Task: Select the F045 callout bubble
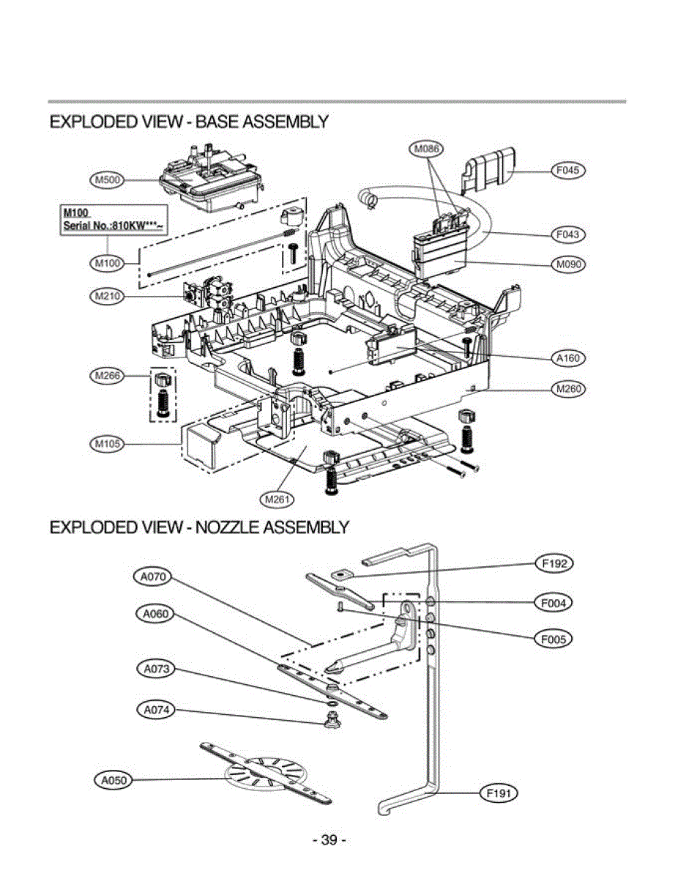[567, 171]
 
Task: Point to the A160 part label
[567, 358]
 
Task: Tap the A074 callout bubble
[156, 709]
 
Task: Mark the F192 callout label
[554, 564]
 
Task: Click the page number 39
[329, 840]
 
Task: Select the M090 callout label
[567, 264]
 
